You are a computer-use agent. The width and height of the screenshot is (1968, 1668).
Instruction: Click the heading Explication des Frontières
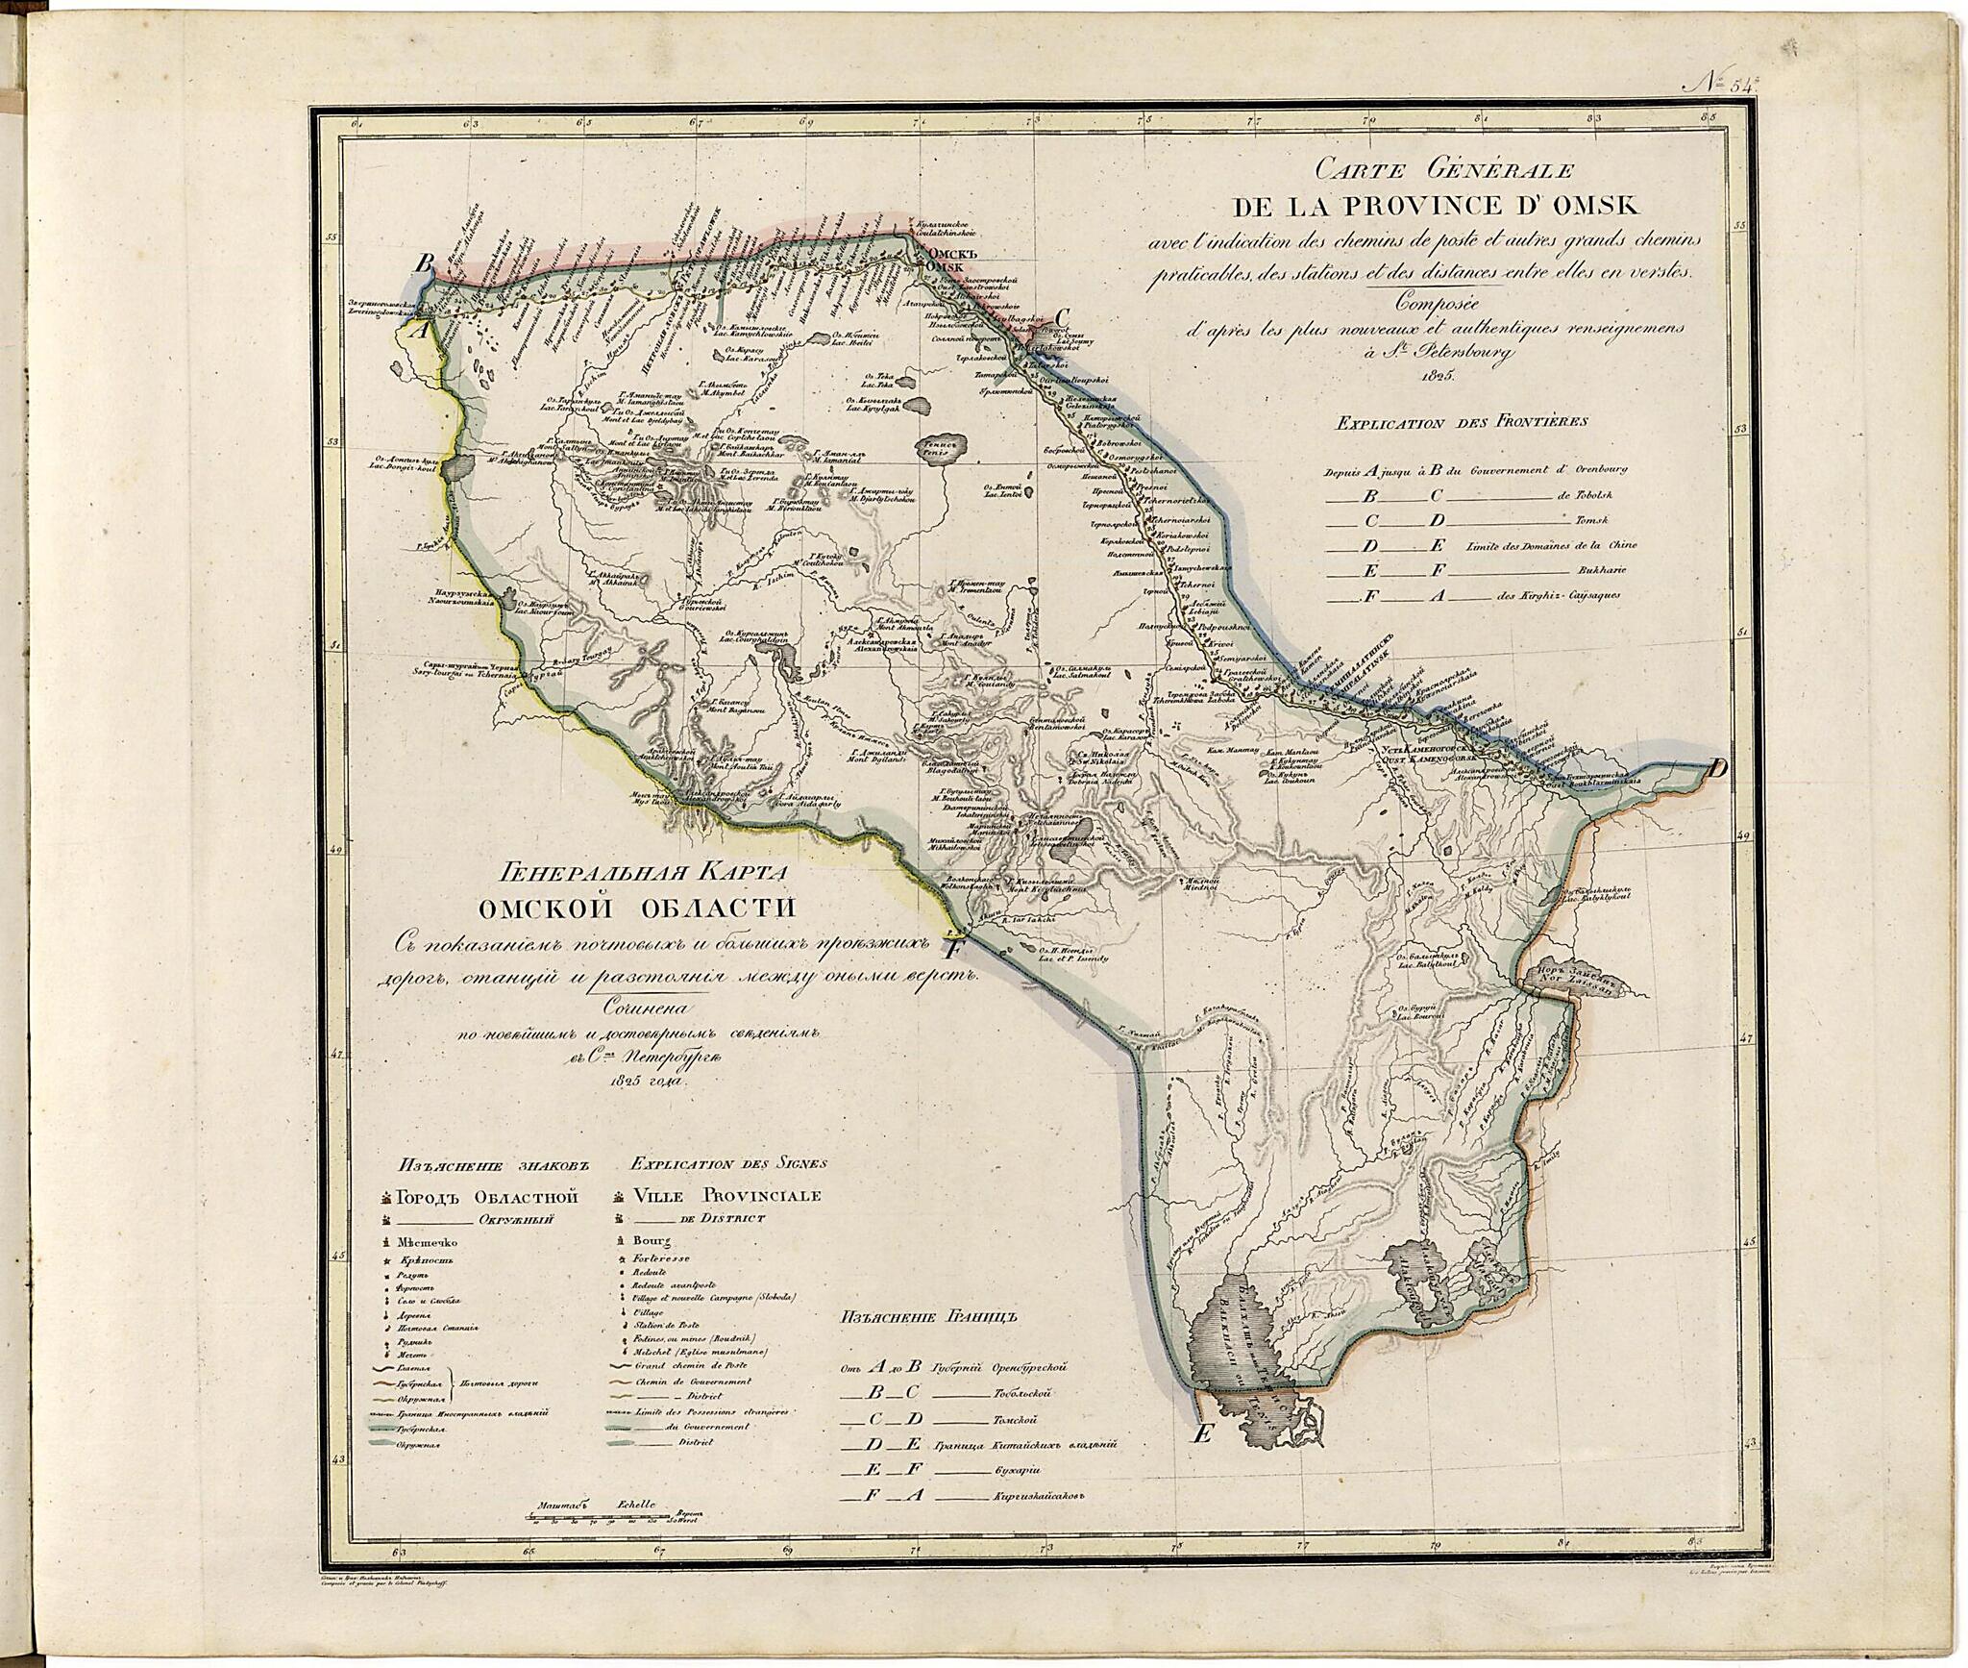[x=1461, y=421]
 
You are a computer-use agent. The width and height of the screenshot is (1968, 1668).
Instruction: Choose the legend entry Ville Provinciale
[x=726, y=1196]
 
